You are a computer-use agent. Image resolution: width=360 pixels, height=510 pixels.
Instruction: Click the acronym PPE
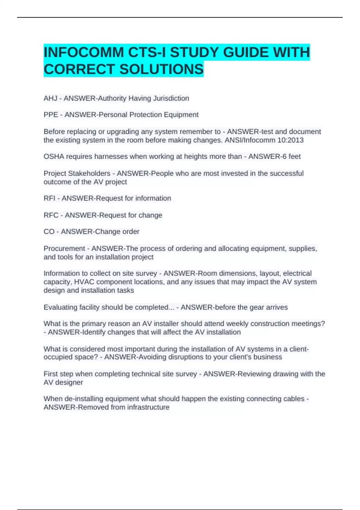tap(51, 115)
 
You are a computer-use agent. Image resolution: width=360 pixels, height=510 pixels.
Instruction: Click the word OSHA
tap(53, 157)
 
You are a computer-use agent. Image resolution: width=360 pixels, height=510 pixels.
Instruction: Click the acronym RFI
tap(49, 198)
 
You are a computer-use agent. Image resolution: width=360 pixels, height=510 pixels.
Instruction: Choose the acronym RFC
tap(51, 215)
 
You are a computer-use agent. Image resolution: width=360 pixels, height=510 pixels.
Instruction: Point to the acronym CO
tap(49, 232)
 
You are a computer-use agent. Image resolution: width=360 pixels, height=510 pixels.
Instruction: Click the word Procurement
tap(64, 249)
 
